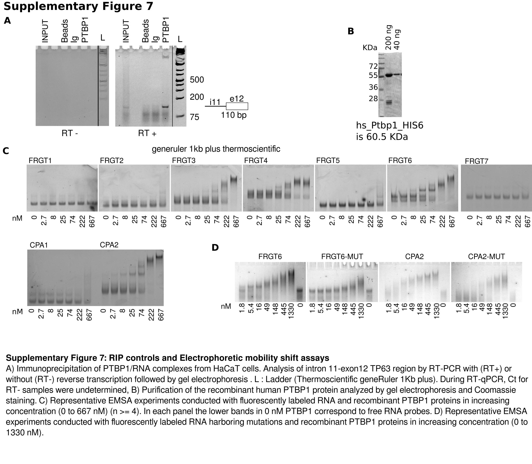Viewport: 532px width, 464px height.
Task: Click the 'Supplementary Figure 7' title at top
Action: (78, 6)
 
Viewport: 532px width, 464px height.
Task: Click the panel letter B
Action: (351, 31)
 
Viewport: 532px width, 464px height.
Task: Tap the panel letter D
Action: (215, 248)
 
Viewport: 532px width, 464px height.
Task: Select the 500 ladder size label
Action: (197, 80)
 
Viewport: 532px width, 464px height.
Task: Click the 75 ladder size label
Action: (194, 117)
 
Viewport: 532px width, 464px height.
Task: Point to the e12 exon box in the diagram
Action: (237, 106)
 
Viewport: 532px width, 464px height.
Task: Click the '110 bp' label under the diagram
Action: (234, 115)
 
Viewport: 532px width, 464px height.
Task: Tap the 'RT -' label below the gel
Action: (70, 133)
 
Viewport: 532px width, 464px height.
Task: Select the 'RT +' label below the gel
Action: (147, 133)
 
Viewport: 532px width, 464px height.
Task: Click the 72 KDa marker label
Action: (373, 66)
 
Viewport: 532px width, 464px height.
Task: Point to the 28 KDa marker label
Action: (373, 99)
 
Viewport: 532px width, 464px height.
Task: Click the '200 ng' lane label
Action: (388, 38)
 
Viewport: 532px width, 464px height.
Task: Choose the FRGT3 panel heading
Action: (184, 160)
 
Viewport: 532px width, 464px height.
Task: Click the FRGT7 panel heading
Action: (476, 161)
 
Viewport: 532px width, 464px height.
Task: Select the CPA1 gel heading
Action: (39, 245)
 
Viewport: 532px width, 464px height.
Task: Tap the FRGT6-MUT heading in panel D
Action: (342, 257)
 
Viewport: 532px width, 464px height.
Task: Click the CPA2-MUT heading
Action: (486, 257)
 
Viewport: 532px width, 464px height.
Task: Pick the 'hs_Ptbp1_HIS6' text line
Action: (390, 126)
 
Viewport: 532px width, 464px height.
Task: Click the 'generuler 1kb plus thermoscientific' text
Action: (216, 149)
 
